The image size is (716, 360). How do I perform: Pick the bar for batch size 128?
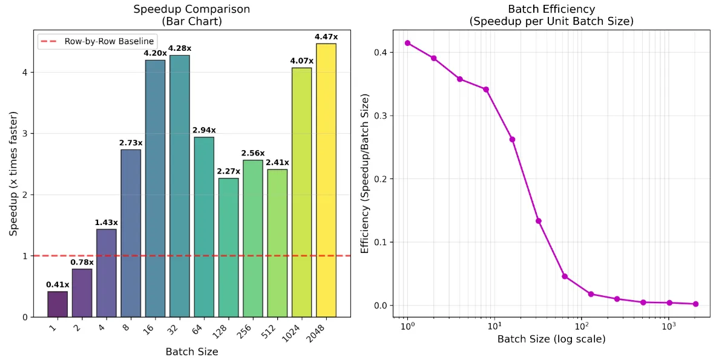click(228, 247)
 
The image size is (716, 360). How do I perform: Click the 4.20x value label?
click(155, 53)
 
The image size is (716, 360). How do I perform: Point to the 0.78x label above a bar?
click(82, 262)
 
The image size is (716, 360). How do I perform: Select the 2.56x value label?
click(252, 153)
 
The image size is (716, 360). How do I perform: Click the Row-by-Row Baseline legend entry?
click(97, 42)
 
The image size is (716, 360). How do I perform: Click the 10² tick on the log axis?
click(581, 327)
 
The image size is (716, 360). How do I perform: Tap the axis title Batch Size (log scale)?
click(551, 340)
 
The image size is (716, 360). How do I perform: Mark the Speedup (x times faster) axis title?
click(13, 174)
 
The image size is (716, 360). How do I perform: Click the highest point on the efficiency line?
click(407, 43)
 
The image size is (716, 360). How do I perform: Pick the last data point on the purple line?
click(695, 304)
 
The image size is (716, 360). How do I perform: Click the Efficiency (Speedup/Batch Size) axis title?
click(364, 174)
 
